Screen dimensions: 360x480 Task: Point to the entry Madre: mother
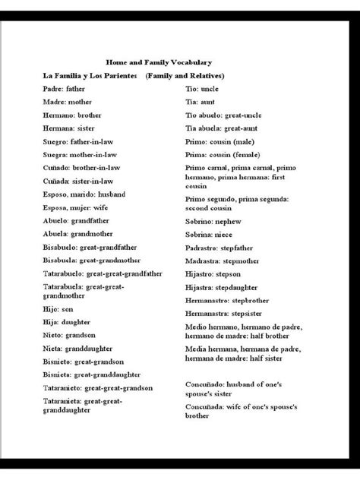click(x=68, y=102)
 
